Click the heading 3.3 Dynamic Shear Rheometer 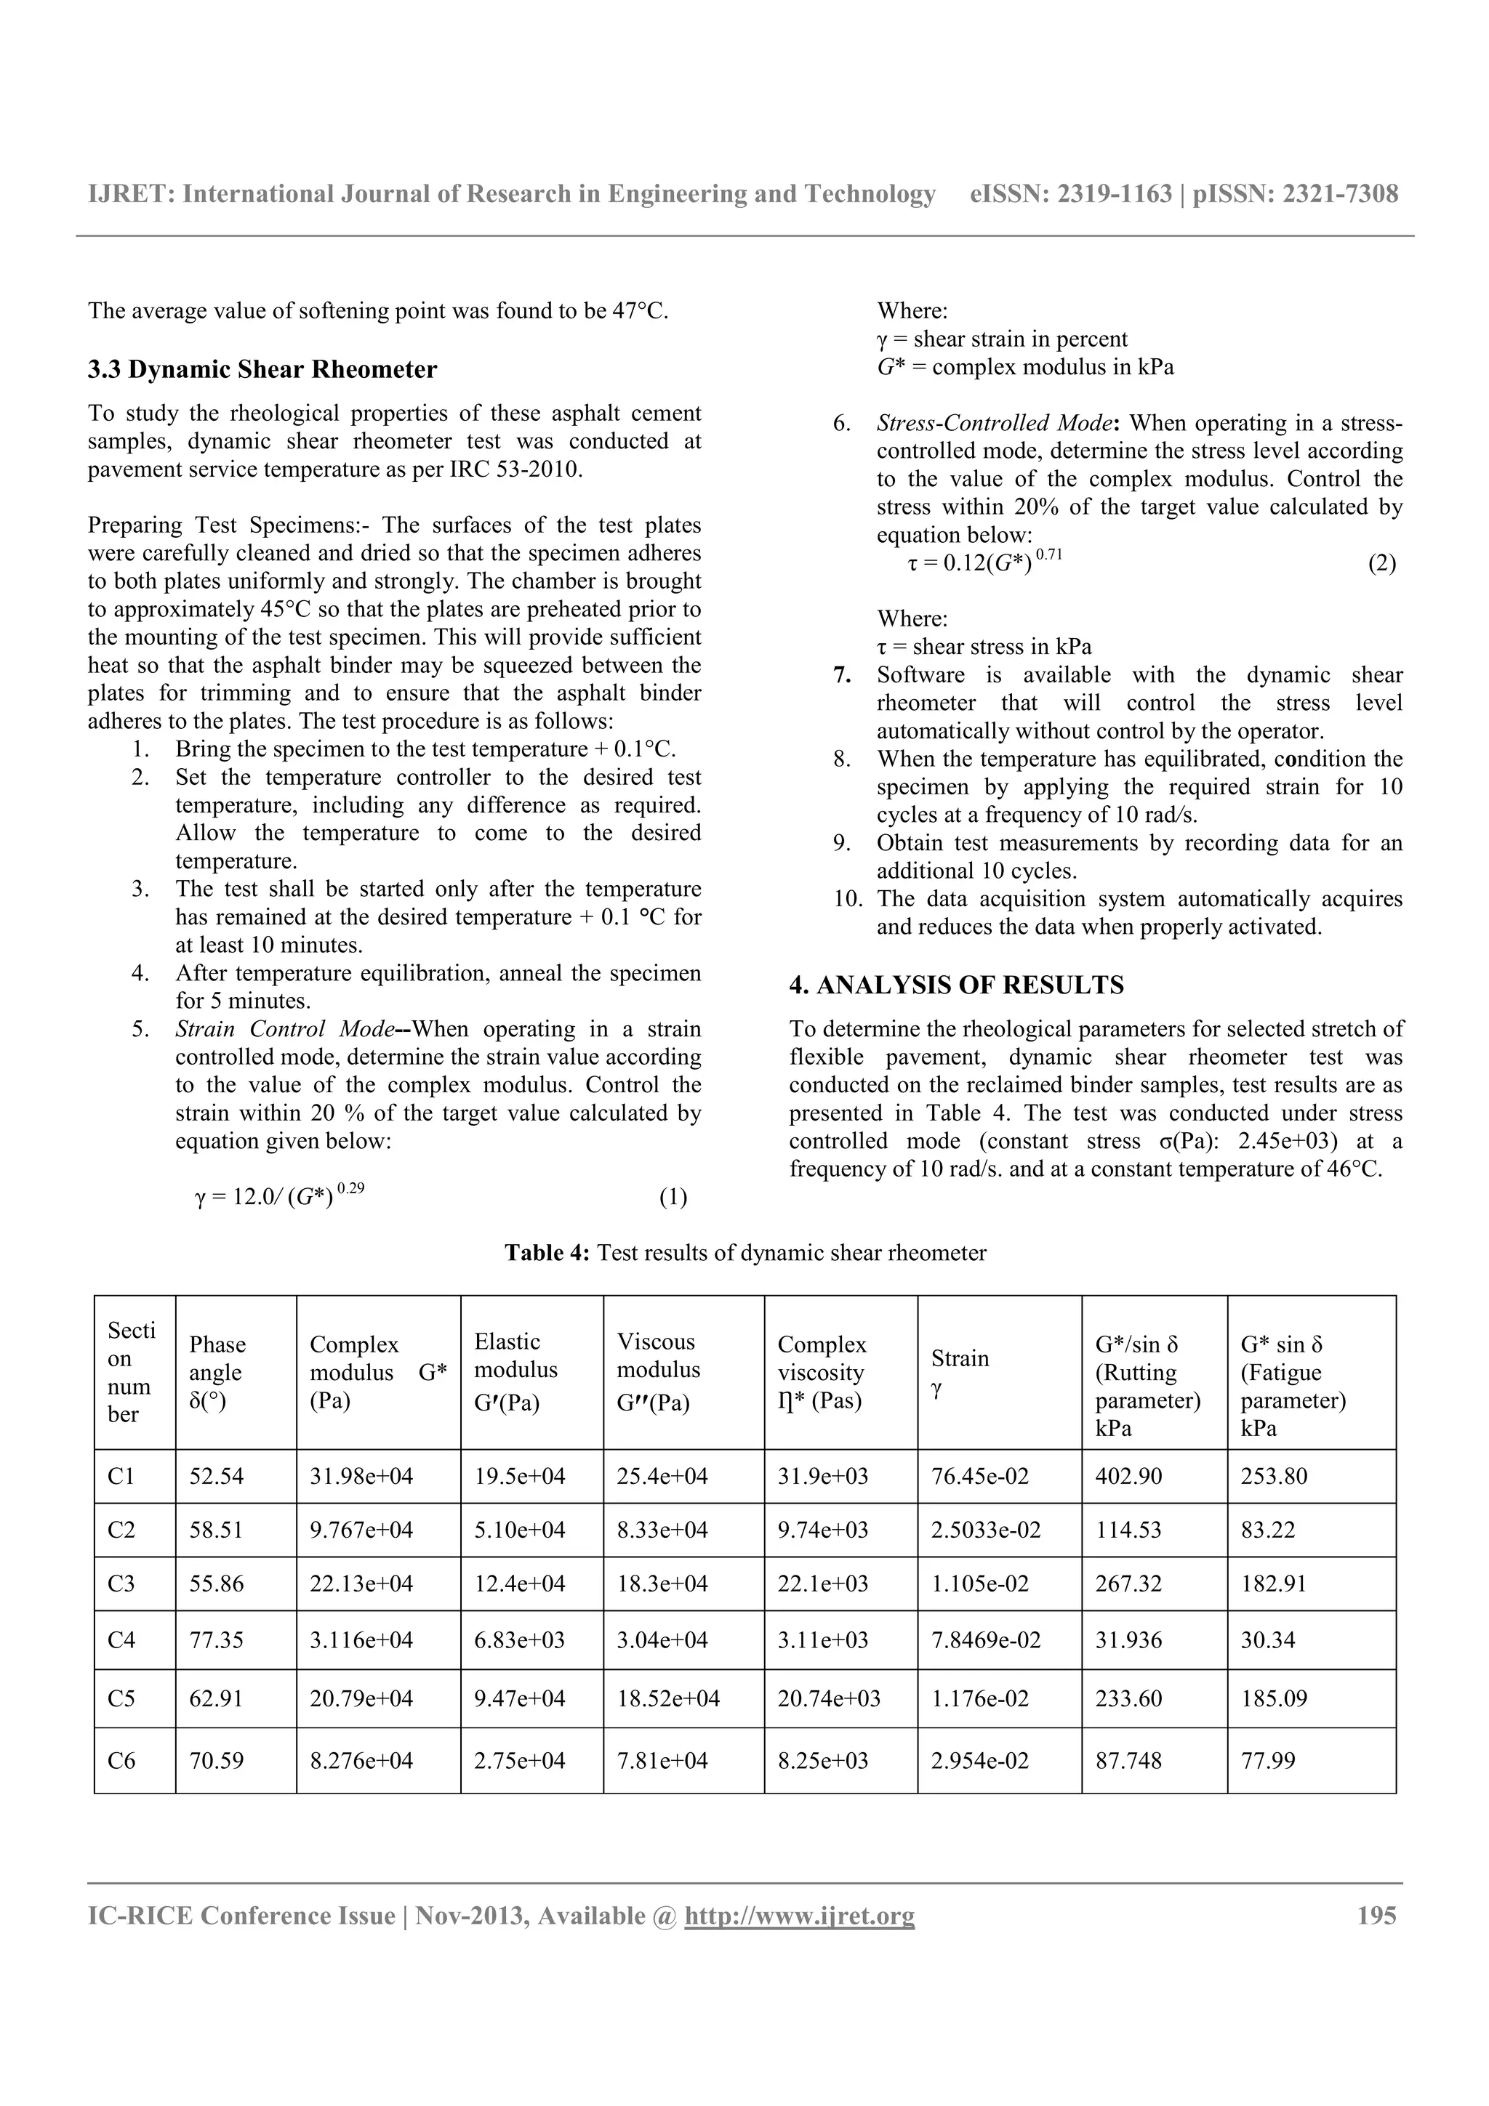tap(262, 370)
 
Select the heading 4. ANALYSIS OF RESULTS tap(956, 985)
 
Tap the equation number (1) tap(673, 1197)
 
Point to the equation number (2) tap(1381, 563)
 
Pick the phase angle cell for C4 tap(217, 1640)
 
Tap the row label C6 tap(121, 1760)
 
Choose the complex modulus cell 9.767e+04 tap(361, 1530)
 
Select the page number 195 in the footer tap(1376, 1916)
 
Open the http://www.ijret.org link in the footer tap(799, 1916)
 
